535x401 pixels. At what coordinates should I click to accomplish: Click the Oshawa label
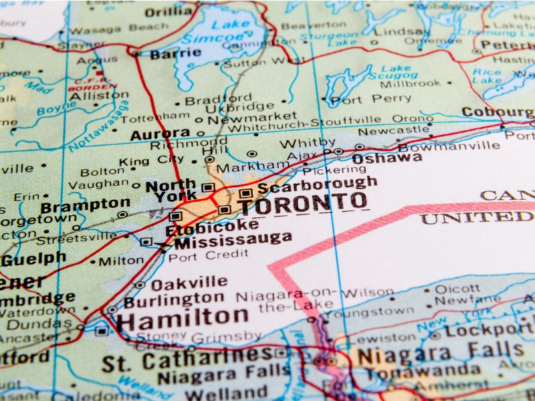(387, 158)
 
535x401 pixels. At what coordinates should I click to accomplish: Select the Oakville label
(189, 283)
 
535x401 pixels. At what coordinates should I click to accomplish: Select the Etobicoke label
(211, 226)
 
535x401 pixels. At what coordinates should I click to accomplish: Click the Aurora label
(160, 134)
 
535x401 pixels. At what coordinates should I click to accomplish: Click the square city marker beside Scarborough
(245, 193)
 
